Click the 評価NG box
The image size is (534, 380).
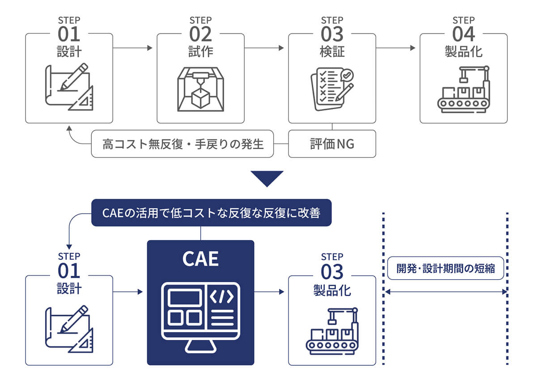click(332, 144)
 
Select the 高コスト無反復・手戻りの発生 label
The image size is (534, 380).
click(182, 144)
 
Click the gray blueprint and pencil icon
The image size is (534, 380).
click(69, 88)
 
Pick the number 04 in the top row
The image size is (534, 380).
click(463, 34)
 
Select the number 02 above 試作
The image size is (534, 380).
click(200, 34)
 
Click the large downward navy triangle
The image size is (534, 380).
click(267, 178)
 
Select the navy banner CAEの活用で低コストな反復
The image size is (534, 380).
click(212, 213)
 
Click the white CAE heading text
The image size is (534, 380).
click(200, 259)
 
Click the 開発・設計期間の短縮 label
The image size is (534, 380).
click(445, 269)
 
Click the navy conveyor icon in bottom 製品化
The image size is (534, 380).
click(332, 331)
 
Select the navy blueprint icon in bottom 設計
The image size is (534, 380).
click(69, 329)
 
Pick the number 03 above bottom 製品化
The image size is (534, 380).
click(332, 271)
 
